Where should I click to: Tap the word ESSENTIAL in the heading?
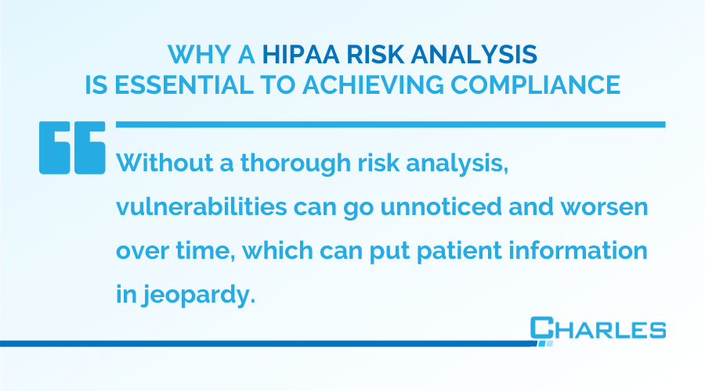184,84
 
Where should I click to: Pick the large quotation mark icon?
72,147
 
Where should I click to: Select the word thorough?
295,164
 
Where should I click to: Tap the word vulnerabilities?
201,207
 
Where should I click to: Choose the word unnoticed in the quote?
441,207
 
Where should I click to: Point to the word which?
278,250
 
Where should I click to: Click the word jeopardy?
199,296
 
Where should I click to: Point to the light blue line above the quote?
391,124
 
